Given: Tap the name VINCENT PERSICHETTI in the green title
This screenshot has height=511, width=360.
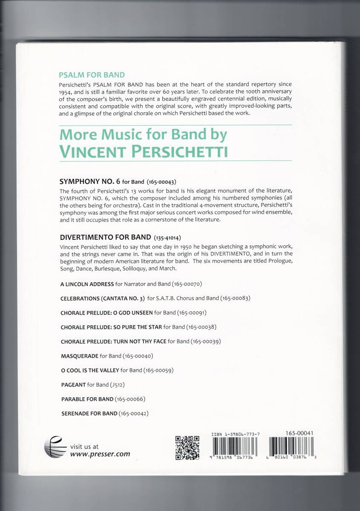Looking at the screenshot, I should click(x=144, y=151).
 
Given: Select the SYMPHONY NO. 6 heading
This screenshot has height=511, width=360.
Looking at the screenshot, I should click(x=88, y=181).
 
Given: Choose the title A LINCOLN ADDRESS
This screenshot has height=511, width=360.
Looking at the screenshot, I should click(x=87, y=284).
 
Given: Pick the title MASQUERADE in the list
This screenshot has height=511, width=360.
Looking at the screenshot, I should click(x=80, y=356).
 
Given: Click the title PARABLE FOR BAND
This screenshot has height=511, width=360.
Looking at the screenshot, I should click(x=87, y=399).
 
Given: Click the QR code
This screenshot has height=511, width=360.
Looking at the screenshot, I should click(x=187, y=447).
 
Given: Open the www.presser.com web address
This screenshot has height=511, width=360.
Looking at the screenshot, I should click(x=100, y=454).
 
